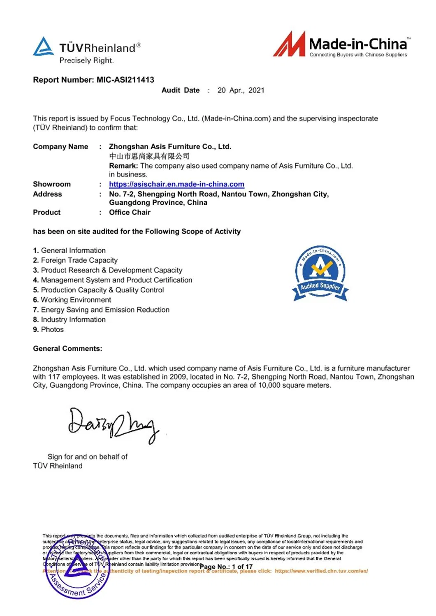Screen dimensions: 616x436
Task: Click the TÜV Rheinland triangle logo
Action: (x=43, y=46)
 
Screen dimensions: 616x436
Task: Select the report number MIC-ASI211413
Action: (x=125, y=80)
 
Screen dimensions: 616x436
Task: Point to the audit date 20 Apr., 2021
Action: (x=241, y=90)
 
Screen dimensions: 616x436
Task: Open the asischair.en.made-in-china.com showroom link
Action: (x=176, y=184)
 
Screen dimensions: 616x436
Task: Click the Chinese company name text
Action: (x=149, y=156)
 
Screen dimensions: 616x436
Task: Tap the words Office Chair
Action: (x=130, y=213)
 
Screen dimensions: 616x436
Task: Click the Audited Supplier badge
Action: (x=320, y=273)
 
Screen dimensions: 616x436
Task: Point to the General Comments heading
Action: (x=67, y=349)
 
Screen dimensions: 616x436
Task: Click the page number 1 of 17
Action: (x=242, y=567)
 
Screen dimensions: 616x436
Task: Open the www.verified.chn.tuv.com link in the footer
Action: (x=321, y=571)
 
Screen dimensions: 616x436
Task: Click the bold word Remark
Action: (x=123, y=166)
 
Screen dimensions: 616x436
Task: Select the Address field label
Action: (x=47, y=194)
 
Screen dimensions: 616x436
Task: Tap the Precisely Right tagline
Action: (x=86, y=60)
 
